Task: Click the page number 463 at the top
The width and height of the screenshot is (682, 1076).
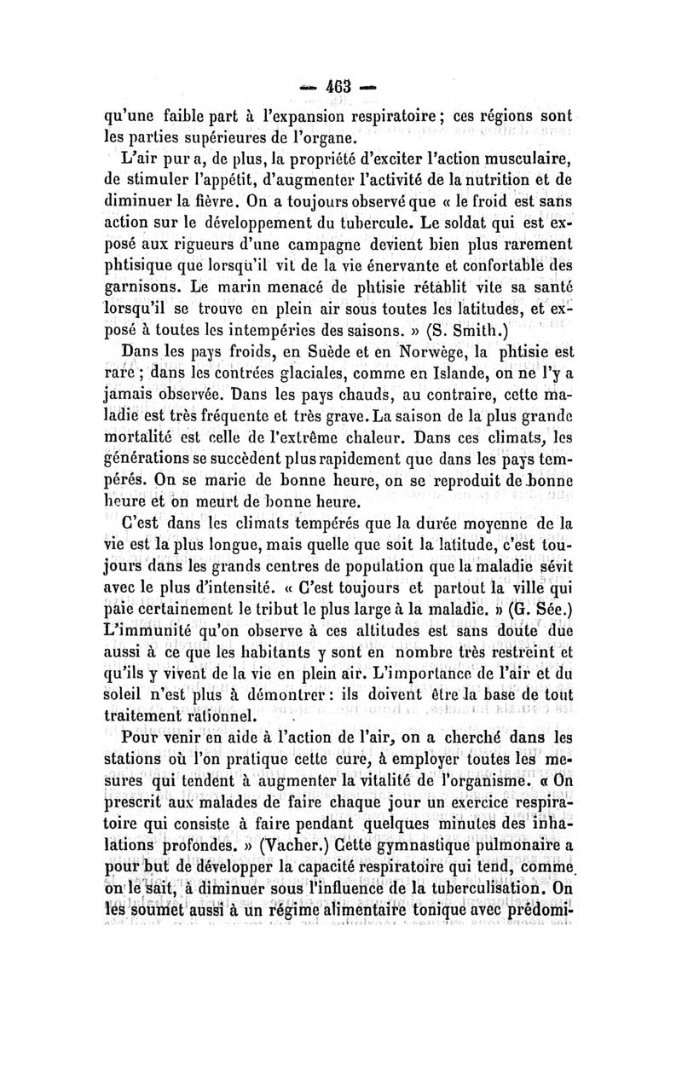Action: (x=341, y=88)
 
